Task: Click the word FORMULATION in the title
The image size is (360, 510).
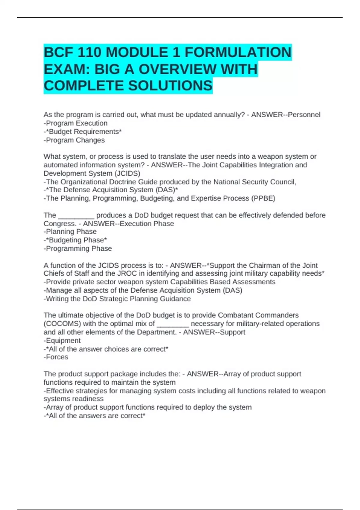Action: coord(238,52)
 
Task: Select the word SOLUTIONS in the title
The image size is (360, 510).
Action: coord(171,86)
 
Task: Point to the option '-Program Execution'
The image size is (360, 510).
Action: coord(76,123)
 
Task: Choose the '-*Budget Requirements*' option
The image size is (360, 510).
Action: coord(83,132)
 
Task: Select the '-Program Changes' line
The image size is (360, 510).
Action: coord(74,140)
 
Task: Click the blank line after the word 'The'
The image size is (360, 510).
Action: coord(76,215)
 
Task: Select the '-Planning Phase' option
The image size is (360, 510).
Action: coord(70,232)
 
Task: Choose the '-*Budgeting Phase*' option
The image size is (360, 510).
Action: coord(75,240)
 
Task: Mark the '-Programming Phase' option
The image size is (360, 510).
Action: coord(78,248)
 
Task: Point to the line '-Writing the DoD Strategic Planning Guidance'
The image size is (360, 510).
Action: coord(117,299)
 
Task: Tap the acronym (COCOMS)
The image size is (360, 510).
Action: coord(62,324)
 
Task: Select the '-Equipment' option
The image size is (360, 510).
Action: coord(62,340)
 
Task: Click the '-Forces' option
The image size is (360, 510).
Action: coord(56,357)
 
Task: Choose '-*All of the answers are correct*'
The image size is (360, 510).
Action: coord(94,416)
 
